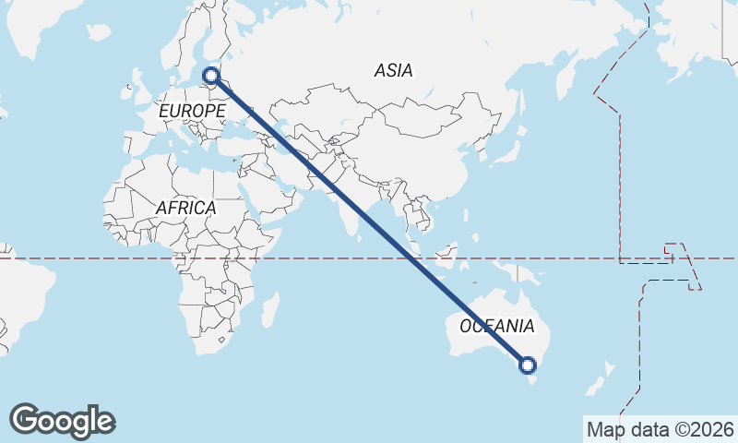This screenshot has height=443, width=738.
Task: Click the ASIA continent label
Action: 394,70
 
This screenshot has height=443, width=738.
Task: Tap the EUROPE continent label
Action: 192,111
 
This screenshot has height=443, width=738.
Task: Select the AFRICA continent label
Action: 185,208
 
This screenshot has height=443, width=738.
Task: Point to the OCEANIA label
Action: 496,326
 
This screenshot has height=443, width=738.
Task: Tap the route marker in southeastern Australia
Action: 528,365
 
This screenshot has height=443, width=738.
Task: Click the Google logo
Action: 62,421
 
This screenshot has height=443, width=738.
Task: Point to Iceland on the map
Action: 99,33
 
